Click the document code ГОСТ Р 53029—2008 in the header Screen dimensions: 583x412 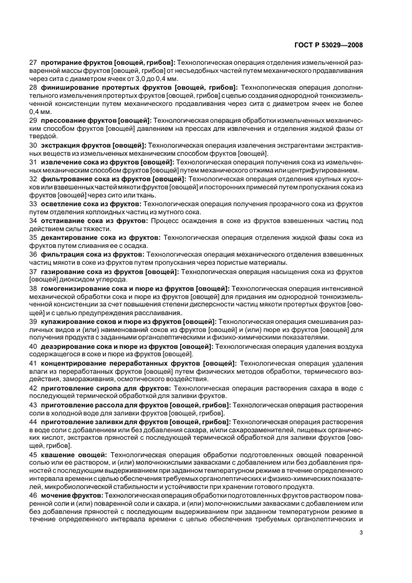pos(337,45)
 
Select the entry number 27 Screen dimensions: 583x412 pos(34,63)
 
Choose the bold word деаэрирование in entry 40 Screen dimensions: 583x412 pos(67,346)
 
